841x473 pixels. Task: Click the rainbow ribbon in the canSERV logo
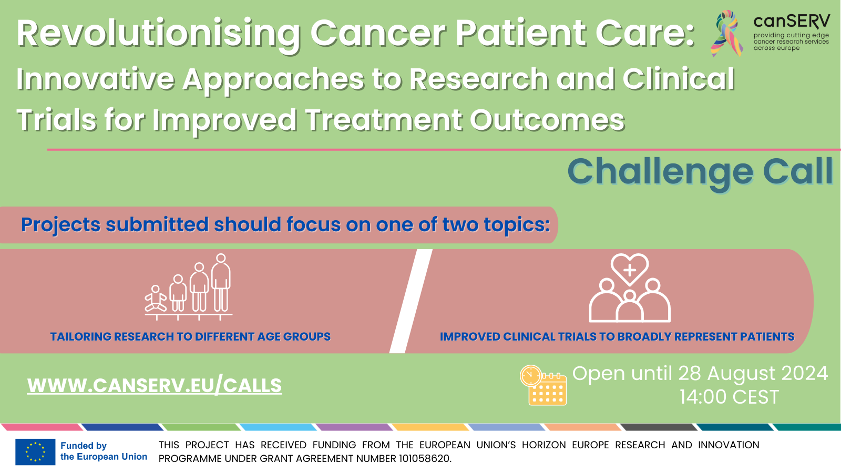tap(726, 33)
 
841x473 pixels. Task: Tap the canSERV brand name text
tap(792, 22)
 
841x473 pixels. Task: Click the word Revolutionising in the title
tap(158, 34)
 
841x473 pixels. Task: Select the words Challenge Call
tap(700, 172)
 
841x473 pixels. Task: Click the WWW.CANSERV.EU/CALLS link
tap(155, 386)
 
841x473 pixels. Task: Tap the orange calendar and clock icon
tap(543, 385)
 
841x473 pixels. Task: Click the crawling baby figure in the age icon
tap(156, 299)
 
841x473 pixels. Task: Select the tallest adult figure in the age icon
tap(221, 283)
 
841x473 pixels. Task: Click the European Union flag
tap(35, 451)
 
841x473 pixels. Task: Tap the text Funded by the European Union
tap(104, 451)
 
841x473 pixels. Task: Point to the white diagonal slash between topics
tap(411, 301)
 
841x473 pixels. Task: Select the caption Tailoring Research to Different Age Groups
tap(190, 337)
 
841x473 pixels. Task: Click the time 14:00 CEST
tap(729, 397)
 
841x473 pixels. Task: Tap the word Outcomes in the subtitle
tap(547, 120)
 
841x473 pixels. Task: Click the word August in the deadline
tap(738, 374)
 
